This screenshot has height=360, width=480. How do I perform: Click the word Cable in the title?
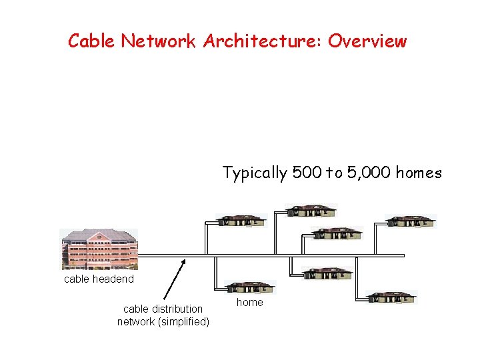(92, 41)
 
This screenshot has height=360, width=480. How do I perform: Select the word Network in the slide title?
(158, 41)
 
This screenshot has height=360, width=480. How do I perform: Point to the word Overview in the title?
(367, 41)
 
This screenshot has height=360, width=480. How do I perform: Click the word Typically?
(255, 173)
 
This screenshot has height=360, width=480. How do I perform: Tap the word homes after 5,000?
(419, 173)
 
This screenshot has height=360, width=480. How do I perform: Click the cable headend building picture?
(99, 249)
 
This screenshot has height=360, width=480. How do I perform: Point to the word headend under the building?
(114, 279)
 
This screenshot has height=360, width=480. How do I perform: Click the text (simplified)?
(180, 322)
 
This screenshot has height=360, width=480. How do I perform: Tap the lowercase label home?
(250, 303)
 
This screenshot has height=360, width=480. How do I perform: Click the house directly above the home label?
(250, 287)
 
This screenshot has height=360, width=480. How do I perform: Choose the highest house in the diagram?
(311, 211)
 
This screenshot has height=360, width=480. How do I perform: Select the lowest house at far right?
(392, 297)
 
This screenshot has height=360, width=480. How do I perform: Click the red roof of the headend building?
(99, 235)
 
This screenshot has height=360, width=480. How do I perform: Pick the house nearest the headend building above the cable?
(242, 221)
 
